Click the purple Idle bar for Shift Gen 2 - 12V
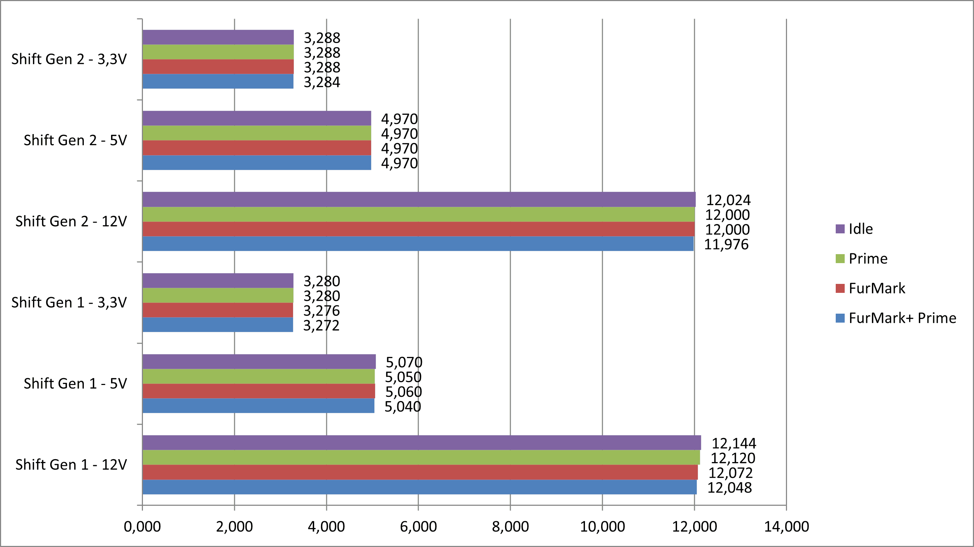(418, 199)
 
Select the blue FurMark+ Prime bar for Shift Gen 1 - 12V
(419, 487)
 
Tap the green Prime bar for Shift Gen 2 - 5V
(257, 133)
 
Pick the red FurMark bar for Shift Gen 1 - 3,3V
(218, 310)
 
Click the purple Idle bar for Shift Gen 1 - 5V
(259, 362)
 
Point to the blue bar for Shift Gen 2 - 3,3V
(218, 81)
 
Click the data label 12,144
(734, 443)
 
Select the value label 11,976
(726, 244)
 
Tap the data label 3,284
(322, 82)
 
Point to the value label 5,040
(403, 406)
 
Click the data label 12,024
(728, 200)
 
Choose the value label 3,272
(321, 325)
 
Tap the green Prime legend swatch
(840, 259)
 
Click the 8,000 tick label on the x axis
(510, 526)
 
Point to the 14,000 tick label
(786, 526)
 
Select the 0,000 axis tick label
(142, 526)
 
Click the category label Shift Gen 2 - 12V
(71, 221)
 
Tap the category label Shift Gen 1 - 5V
(75, 384)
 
